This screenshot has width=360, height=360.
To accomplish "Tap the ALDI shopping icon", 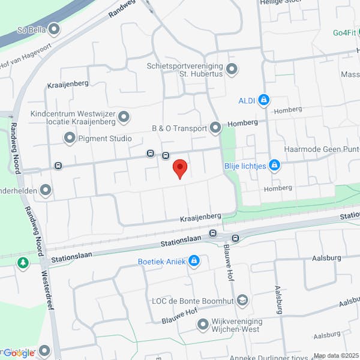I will click(x=263, y=100).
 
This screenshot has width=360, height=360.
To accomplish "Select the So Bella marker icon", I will click(x=55, y=29).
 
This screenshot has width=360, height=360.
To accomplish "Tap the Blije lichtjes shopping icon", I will click(x=274, y=164).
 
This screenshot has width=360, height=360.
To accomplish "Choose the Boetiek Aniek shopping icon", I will click(x=194, y=261).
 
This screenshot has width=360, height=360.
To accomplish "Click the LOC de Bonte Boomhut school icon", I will click(x=242, y=299).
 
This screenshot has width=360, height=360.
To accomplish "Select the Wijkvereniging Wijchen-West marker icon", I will click(x=202, y=325).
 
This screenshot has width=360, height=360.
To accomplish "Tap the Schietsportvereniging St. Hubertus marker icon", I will click(x=232, y=70).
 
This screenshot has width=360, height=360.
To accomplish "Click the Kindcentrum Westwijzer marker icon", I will click(x=124, y=116).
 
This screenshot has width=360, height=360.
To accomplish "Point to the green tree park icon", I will click(x=23, y=262).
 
